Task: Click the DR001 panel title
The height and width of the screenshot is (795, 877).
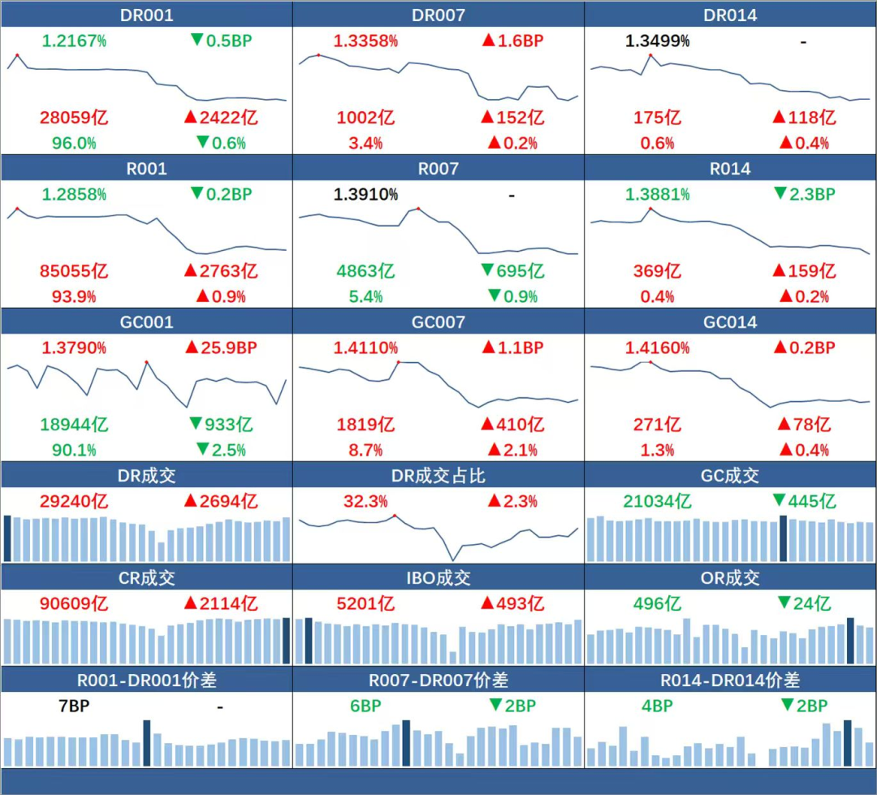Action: click(x=146, y=15)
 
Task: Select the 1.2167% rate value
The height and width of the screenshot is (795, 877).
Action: click(x=74, y=41)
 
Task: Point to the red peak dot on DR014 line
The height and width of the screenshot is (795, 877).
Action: click(x=650, y=55)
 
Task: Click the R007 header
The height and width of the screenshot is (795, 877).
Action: click(x=438, y=169)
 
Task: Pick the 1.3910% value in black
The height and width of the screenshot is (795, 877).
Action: click(x=365, y=195)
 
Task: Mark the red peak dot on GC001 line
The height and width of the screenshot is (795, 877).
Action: click(x=146, y=361)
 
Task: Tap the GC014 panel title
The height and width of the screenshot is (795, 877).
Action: click(x=730, y=322)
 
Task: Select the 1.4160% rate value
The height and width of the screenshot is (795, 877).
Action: click(x=657, y=348)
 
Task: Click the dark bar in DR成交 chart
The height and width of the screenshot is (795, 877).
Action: click(x=7, y=538)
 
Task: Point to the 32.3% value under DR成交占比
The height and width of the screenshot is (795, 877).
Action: click(x=365, y=501)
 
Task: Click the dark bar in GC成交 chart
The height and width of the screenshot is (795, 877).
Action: click(x=784, y=538)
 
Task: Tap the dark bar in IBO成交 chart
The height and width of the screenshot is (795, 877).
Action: click(x=309, y=642)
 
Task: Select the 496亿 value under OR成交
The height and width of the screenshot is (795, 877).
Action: click(x=657, y=604)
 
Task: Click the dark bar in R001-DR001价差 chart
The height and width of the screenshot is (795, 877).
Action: click(x=147, y=742)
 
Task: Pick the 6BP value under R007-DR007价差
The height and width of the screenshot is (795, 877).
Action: click(x=365, y=706)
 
